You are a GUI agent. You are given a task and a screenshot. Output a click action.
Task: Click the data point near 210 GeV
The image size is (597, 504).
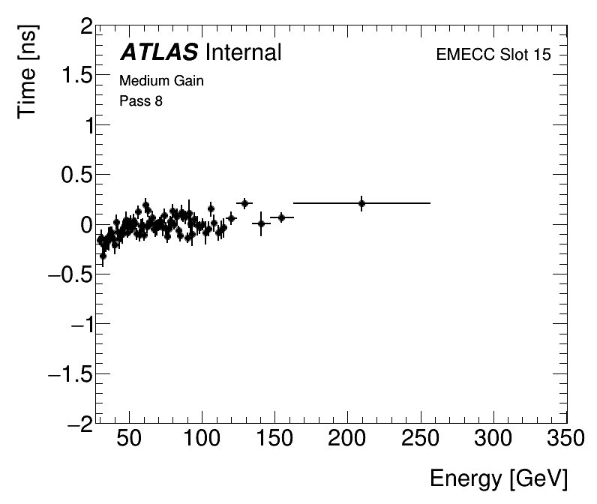click(361, 203)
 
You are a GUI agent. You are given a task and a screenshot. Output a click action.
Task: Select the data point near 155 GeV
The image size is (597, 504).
click(281, 217)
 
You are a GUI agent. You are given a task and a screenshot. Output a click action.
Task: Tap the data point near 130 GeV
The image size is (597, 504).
click(244, 203)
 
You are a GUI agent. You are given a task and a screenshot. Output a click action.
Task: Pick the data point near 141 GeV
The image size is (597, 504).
click(261, 223)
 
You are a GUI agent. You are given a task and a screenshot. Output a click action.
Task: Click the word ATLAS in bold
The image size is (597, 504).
click(159, 52)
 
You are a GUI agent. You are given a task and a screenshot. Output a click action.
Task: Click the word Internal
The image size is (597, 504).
click(242, 52)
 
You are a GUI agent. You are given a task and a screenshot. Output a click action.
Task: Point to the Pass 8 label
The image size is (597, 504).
click(141, 101)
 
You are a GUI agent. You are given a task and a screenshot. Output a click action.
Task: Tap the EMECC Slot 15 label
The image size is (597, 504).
click(493, 56)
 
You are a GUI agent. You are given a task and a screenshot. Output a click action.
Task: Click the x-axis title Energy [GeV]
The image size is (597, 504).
click(498, 478)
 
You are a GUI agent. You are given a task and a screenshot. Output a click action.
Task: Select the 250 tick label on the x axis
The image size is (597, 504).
click(421, 439)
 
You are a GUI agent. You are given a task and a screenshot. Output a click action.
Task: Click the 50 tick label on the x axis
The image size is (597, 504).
click(130, 439)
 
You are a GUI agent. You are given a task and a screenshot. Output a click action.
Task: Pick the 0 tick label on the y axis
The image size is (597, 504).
click(87, 225)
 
